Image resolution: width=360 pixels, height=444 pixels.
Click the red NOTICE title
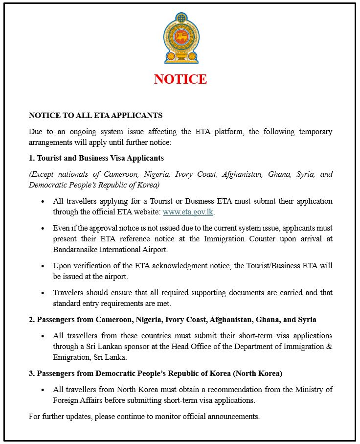(x=180, y=79)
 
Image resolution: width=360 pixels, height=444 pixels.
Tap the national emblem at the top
(x=180, y=39)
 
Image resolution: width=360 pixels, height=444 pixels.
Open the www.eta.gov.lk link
(x=188, y=212)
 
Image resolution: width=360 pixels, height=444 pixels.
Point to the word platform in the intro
(x=228, y=132)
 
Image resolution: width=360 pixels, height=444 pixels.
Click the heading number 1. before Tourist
(x=32, y=158)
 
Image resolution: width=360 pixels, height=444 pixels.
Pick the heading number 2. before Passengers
(x=32, y=320)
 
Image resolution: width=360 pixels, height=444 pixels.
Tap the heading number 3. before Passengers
(x=32, y=374)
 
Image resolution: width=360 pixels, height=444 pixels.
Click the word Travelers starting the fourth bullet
(x=69, y=293)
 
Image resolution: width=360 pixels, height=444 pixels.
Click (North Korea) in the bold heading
(x=257, y=374)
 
